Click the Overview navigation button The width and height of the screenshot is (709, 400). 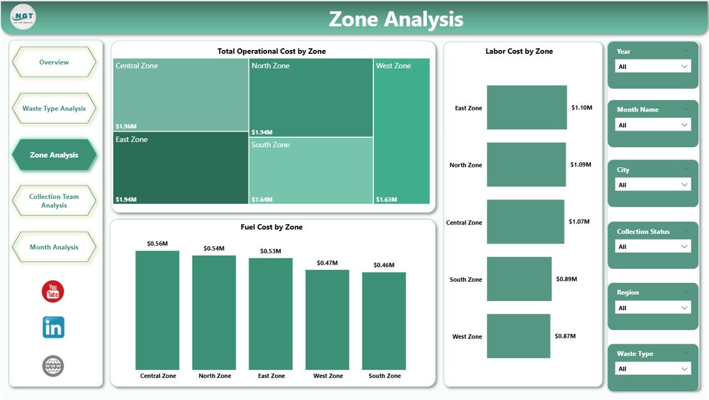pyautogui.click(x=54, y=62)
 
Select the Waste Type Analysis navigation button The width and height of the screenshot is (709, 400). pyautogui.click(x=54, y=108)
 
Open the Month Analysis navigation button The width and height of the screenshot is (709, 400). pyautogui.click(x=54, y=247)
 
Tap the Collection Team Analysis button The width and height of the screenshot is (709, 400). pyautogui.click(x=54, y=201)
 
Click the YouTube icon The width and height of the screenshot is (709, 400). pyautogui.click(x=53, y=292)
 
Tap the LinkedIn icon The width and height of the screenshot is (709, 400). pyautogui.click(x=53, y=328)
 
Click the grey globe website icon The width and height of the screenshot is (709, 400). pyautogui.click(x=53, y=366)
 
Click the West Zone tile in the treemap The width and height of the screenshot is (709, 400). pyautogui.click(x=402, y=131)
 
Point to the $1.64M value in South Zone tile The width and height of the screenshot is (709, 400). pyautogui.click(x=262, y=199)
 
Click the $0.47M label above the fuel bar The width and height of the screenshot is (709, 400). pyautogui.click(x=327, y=263)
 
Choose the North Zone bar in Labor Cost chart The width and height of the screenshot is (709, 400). pyautogui.click(x=526, y=164)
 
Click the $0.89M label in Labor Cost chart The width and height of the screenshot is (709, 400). pyautogui.click(x=566, y=279)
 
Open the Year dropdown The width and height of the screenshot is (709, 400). pyautogui.click(x=653, y=67)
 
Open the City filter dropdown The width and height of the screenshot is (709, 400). pyautogui.click(x=653, y=185)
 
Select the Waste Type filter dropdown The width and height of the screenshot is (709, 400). pyautogui.click(x=653, y=369)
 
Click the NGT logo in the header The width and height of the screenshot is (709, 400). pyautogui.click(x=23, y=17)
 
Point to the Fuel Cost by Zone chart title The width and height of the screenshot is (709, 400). pyautogui.click(x=271, y=227)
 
